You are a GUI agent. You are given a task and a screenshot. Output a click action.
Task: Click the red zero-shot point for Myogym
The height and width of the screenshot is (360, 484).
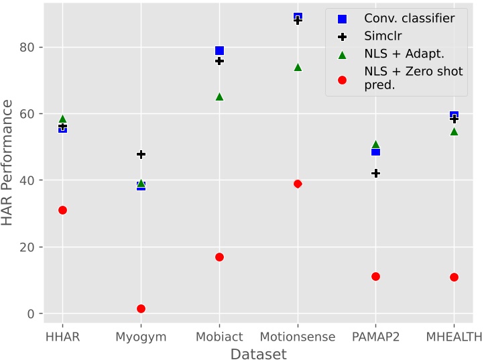click(x=141, y=308)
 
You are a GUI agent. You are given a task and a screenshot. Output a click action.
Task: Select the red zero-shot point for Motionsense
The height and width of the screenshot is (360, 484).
click(x=298, y=184)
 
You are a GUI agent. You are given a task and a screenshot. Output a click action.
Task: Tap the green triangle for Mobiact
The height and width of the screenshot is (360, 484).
click(x=219, y=97)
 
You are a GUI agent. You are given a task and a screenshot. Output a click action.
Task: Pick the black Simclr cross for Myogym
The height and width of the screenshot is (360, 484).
click(x=141, y=154)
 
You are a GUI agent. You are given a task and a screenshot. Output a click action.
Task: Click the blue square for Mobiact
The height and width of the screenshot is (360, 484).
click(x=219, y=51)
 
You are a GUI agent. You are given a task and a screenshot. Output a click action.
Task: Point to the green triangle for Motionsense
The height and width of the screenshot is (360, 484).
click(x=298, y=67)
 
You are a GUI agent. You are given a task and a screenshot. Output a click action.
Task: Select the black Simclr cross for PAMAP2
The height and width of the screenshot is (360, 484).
click(x=375, y=173)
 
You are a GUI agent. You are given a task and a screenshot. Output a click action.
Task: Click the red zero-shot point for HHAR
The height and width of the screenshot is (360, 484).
click(x=62, y=210)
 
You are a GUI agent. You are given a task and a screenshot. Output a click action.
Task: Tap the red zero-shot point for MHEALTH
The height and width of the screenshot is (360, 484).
click(x=454, y=277)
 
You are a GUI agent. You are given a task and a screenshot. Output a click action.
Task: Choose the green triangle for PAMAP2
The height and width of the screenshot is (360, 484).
click(x=375, y=144)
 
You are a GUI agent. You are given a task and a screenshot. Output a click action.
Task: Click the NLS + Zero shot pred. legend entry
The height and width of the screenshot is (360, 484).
click(x=413, y=78)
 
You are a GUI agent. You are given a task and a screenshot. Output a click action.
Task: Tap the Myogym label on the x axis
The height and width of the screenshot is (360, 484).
click(x=141, y=337)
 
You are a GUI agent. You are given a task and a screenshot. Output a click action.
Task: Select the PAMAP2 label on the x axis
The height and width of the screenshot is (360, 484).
click(x=375, y=337)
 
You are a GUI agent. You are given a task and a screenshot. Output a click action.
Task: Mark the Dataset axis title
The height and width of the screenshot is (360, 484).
click(x=258, y=353)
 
